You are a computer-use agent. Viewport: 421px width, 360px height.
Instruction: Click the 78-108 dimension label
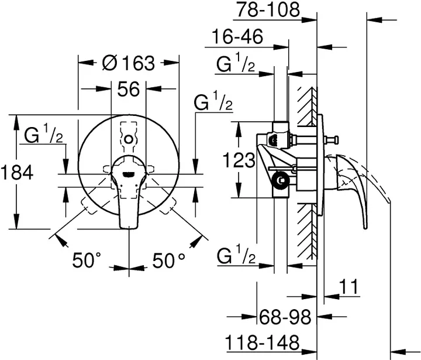point(269,9)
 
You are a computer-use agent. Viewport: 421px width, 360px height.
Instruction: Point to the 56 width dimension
point(128,90)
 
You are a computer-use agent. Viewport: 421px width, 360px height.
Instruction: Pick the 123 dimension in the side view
point(239,159)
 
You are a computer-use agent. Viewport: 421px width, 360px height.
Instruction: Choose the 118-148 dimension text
point(263,342)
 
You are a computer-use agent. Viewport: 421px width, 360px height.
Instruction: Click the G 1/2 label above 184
point(43,136)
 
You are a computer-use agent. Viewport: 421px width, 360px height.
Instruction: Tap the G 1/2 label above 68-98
point(237,256)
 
